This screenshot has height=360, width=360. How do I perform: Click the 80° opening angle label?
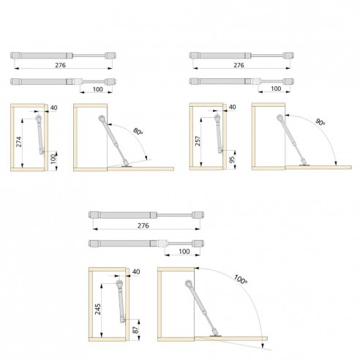138,132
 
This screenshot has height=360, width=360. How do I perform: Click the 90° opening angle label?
320,122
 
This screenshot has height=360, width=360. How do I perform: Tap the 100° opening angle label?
241,280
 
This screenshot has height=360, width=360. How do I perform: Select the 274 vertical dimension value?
19,142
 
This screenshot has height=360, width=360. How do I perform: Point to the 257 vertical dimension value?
198,141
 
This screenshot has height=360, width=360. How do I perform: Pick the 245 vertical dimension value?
98,309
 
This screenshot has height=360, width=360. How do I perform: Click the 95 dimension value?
232,160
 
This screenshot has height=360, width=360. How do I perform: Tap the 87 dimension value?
135,330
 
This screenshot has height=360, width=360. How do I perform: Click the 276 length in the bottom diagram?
143,225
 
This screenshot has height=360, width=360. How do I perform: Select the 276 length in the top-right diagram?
239,65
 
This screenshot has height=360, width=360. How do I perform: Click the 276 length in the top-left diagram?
60,65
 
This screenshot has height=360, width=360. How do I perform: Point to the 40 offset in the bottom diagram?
136,271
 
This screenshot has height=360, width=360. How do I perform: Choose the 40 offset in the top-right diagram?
233,107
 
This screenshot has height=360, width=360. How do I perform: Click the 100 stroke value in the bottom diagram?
184,251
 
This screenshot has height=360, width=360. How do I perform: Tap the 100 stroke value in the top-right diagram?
276,89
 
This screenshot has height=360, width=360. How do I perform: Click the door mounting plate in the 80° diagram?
127,166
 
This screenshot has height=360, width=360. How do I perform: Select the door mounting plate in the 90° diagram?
304,165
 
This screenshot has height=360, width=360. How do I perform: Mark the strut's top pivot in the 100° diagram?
188,283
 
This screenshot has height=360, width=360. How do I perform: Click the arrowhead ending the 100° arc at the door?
263,345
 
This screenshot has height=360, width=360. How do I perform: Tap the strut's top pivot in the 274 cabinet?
39,119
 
